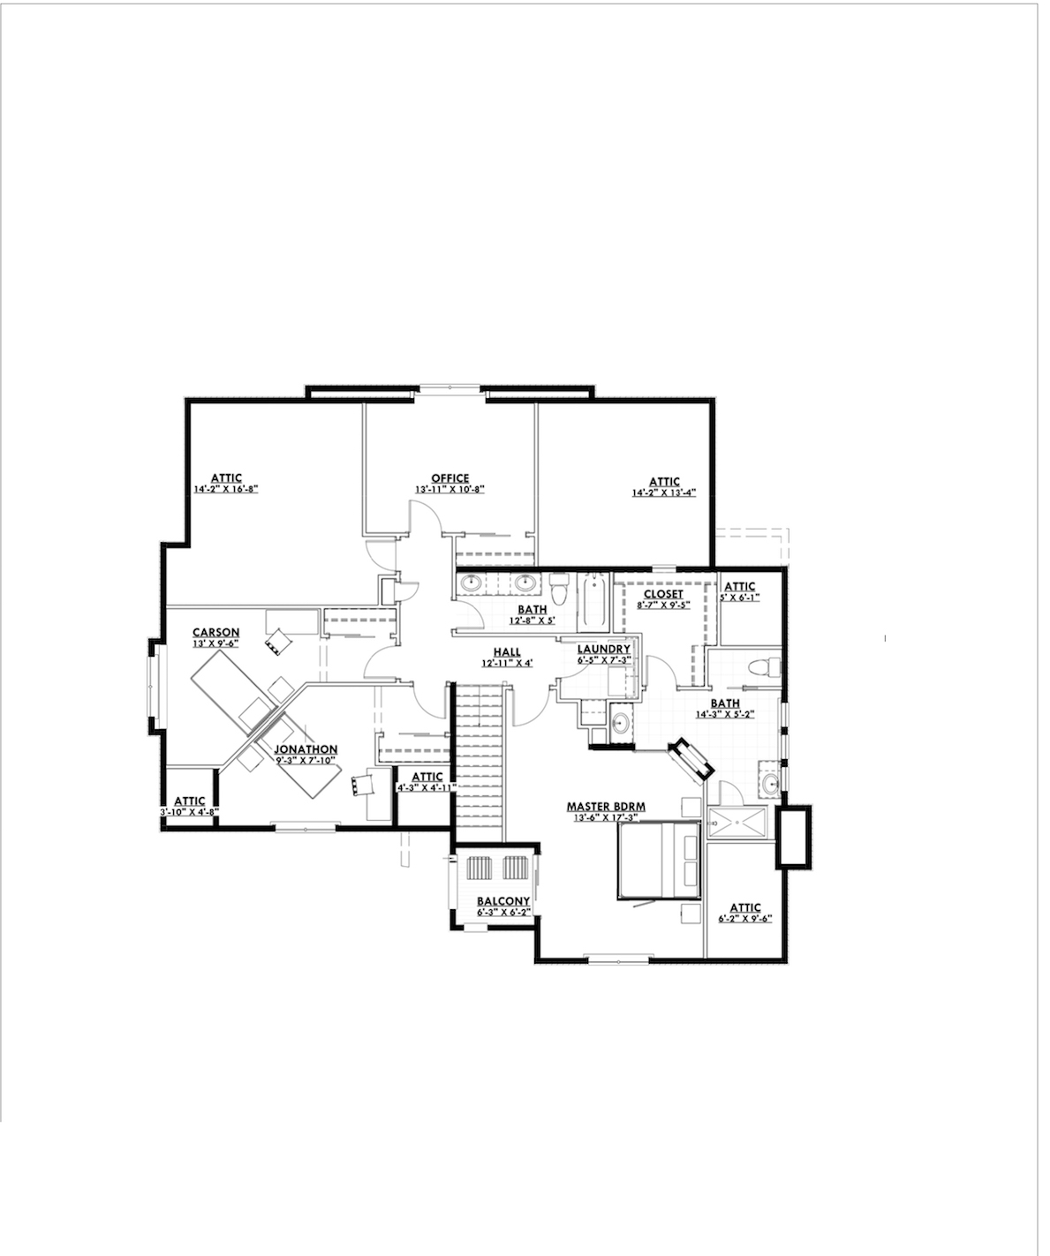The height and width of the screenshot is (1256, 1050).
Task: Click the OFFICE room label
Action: point(449,478)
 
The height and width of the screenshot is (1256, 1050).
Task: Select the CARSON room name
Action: point(216,632)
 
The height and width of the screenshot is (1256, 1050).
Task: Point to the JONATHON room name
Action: point(306,748)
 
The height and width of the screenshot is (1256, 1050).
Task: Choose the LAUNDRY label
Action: point(603,649)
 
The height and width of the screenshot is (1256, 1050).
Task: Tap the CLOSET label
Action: point(662,594)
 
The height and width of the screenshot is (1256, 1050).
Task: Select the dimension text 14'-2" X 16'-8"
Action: point(225,489)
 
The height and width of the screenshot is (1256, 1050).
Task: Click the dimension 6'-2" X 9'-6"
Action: point(745,918)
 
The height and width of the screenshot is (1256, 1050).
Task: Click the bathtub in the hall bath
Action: point(593,598)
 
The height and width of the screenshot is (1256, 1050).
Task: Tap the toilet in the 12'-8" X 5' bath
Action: point(558,587)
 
